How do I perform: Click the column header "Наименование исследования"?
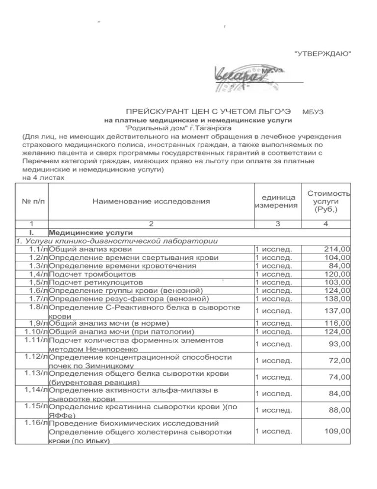click(152, 201)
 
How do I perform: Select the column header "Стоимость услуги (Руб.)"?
click(328, 201)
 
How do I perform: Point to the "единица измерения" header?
click(276, 201)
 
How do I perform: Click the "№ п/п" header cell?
click(31, 201)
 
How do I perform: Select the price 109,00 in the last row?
click(338, 431)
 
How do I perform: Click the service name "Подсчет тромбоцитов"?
click(91, 274)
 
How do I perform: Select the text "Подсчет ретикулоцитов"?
click(96, 282)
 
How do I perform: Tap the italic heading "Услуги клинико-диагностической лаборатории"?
click(117, 241)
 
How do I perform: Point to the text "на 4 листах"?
click(43, 177)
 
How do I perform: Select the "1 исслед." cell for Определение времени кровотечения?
click(274, 266)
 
